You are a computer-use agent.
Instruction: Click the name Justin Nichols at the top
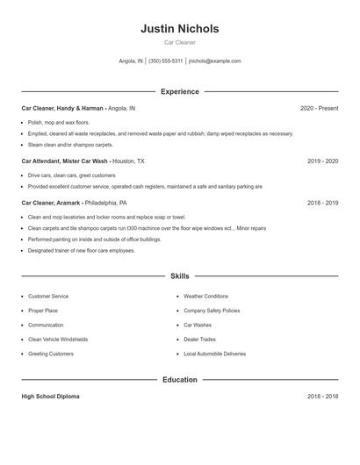[x=179, y=29]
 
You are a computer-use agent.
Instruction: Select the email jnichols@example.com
[x=214, y=61]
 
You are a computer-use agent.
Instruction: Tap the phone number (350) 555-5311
[x=165, y=61]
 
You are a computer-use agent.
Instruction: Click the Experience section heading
[x=179, y=91]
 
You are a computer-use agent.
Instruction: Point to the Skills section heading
[x=179, y=276]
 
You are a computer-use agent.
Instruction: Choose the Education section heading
[x=179, y=380]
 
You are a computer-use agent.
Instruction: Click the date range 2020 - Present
[x=319, y=109]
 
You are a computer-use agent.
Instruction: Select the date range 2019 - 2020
[x=322, y=161]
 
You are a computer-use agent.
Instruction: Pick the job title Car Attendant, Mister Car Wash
[x=64, y=161]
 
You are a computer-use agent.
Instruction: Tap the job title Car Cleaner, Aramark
[x=51, y=203]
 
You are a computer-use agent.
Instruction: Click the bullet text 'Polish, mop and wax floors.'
[x=59, y=122]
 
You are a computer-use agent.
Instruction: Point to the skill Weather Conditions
[x=205, y=297]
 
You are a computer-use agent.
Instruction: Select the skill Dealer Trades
[x=199, y=339]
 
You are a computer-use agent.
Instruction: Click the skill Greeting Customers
[x=51, y=354]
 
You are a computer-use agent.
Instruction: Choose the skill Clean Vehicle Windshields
[x=58, y=339]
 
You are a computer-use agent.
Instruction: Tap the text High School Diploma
[x=50, y=397]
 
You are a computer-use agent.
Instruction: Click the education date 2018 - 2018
[x=322, y=397]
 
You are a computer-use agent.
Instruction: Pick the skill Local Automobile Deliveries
[x=214, y=354]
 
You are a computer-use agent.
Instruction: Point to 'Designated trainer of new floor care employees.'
[x=81, y=250]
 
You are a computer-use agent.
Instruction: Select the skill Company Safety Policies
[x=212, y=311]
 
